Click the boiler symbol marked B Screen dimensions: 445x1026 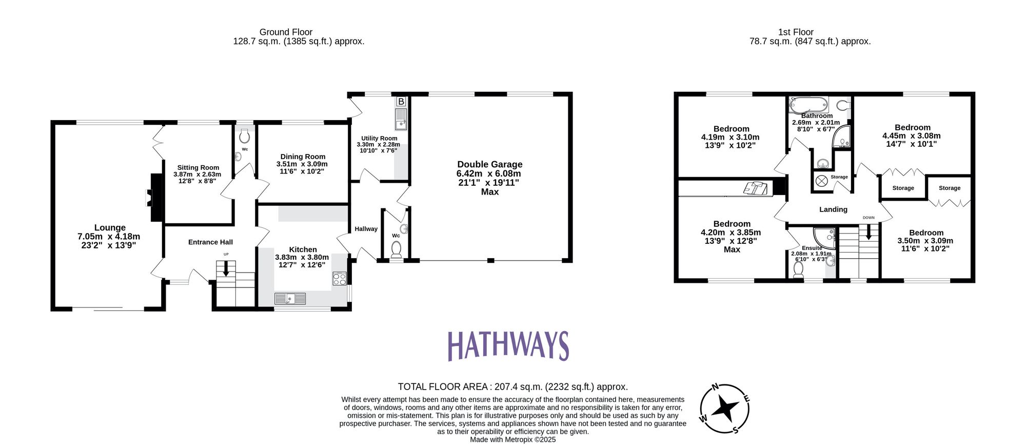point(401,102)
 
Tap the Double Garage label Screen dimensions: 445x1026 point(489,164)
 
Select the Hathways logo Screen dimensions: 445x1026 point(508,345)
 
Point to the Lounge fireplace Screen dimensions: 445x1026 point(154,198)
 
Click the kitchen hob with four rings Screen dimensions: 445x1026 point(340,279)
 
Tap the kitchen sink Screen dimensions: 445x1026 point(290,299)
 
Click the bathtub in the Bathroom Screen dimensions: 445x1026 point(808,105)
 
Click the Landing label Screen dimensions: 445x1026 point(833,209)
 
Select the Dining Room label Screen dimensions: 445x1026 point(303,157)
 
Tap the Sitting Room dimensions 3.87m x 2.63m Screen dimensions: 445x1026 point(198,175)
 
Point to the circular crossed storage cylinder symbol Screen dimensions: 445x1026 point(822,181)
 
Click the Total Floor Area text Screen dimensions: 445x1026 point(512,387)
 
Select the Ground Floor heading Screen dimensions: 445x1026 point(286,32)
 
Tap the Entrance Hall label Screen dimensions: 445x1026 point(210,242)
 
